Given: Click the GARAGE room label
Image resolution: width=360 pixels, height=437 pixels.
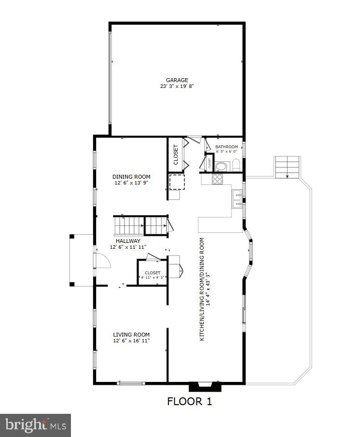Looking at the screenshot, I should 177,80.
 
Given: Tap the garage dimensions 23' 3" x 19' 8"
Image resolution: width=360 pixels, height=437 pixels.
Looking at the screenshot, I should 177,87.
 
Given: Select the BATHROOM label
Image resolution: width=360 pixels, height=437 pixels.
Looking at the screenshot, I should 226,147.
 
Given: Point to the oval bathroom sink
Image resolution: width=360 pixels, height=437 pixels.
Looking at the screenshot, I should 222,167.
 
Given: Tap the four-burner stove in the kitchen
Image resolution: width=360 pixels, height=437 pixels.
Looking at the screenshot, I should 217,178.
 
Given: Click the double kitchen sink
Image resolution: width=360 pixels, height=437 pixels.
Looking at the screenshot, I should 237,199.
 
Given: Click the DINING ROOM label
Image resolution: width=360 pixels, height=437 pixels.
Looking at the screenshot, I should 132,177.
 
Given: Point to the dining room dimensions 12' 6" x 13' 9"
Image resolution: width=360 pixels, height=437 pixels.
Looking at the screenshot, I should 132,183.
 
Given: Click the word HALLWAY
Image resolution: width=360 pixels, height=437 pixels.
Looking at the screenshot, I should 128,240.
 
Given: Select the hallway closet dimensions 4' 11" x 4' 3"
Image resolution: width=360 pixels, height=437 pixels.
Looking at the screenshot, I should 152,278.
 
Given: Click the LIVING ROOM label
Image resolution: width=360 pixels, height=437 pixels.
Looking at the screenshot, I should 131,335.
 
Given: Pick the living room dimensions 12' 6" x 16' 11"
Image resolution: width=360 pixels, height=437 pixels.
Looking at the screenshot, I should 131,341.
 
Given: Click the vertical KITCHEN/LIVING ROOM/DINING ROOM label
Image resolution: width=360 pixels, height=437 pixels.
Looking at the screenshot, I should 205,289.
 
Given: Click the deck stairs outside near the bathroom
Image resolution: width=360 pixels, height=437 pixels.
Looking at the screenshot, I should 287,167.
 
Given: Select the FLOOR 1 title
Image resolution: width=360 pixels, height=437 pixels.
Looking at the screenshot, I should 190,401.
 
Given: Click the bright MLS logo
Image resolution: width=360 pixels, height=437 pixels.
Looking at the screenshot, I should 36,425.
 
